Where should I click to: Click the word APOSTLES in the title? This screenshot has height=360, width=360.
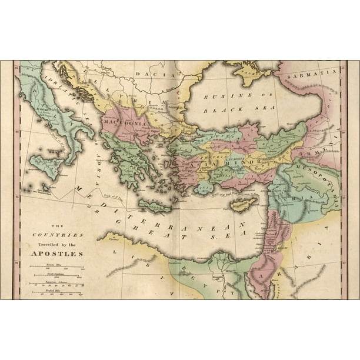point(58,254)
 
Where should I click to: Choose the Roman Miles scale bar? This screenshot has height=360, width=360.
point(57,269)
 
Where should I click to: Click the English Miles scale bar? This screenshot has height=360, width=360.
point(57,292)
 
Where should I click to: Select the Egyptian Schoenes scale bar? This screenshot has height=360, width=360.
point(57,285)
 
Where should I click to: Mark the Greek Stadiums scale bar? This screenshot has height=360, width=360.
point(57,277)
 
